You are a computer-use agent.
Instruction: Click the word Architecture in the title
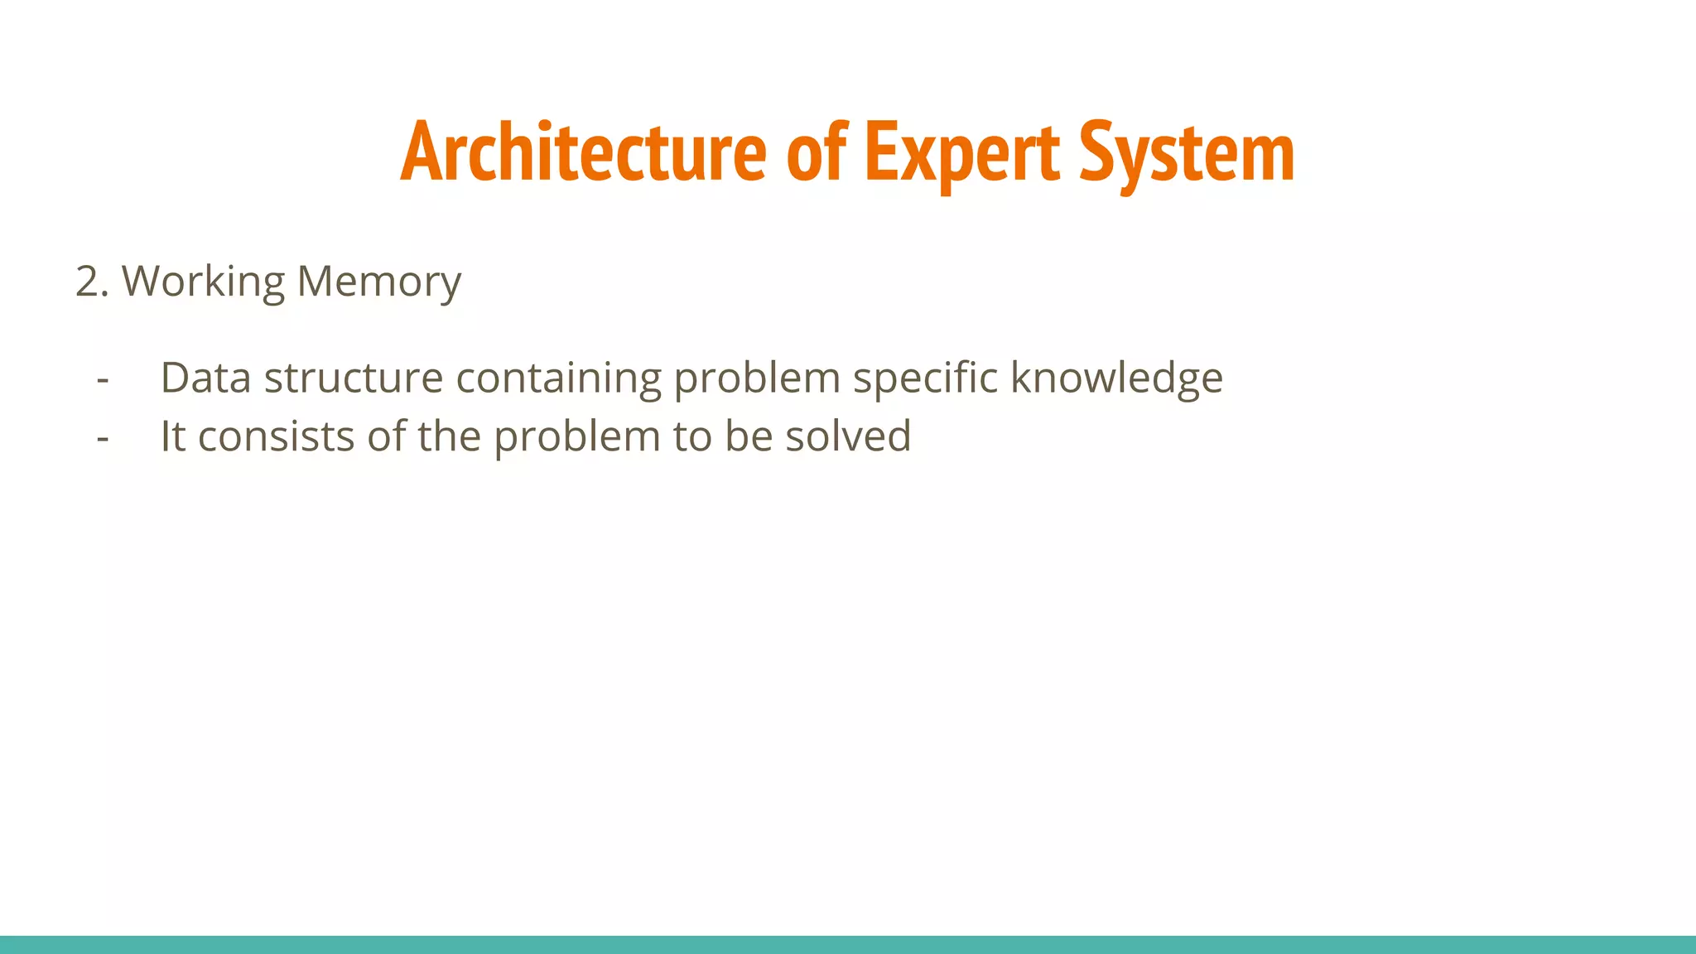tap(584, 152)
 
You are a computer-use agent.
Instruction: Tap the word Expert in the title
tap(961, 152)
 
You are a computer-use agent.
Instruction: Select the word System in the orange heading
tap(1187, 152)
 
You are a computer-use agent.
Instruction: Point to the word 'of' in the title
tap(816, 152)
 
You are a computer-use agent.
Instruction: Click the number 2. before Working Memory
tap(91, 282)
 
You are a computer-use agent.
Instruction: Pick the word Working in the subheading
tap(204, 282)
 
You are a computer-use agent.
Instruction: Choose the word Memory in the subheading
tap(378, 282)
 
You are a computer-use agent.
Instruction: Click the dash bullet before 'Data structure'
tap(103, 379)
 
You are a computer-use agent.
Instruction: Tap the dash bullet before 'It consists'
tap(103, 437)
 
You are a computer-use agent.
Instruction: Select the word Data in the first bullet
tap(205, 378)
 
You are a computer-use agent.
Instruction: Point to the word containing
tap(558, 378)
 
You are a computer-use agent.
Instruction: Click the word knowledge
tap(1116, 378)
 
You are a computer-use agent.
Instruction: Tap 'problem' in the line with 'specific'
tap(757, 379)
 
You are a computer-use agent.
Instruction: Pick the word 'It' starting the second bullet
tap(172, 436)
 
